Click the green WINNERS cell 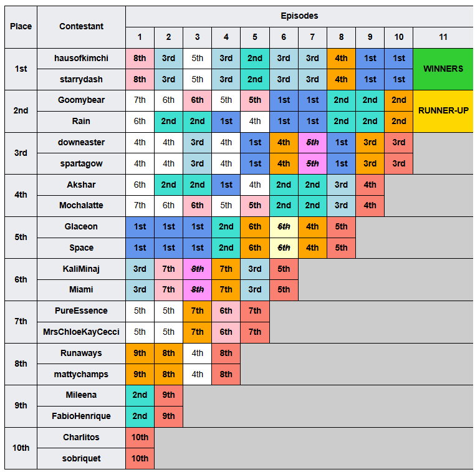[443, 69]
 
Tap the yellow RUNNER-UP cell [443, 111]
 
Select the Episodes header [299, 16]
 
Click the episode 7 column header [312, 37]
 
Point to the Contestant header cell [81, 27]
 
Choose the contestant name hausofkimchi [81, 58]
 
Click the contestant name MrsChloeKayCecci [81, 332]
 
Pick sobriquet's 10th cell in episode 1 [140, 459]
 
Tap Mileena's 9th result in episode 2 [168, 395]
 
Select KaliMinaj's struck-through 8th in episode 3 [197, 269]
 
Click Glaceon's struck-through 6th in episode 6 [284, 226]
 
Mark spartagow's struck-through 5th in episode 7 [312, 163]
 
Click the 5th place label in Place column [21, 237]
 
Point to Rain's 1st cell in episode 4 [226, 121]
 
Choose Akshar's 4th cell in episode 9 [370, 185]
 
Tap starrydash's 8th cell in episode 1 [140, 79]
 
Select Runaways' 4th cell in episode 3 [197, 354]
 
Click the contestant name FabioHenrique [81, 417]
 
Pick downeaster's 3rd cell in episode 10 [399, 142]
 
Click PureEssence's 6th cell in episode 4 [226, 311]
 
